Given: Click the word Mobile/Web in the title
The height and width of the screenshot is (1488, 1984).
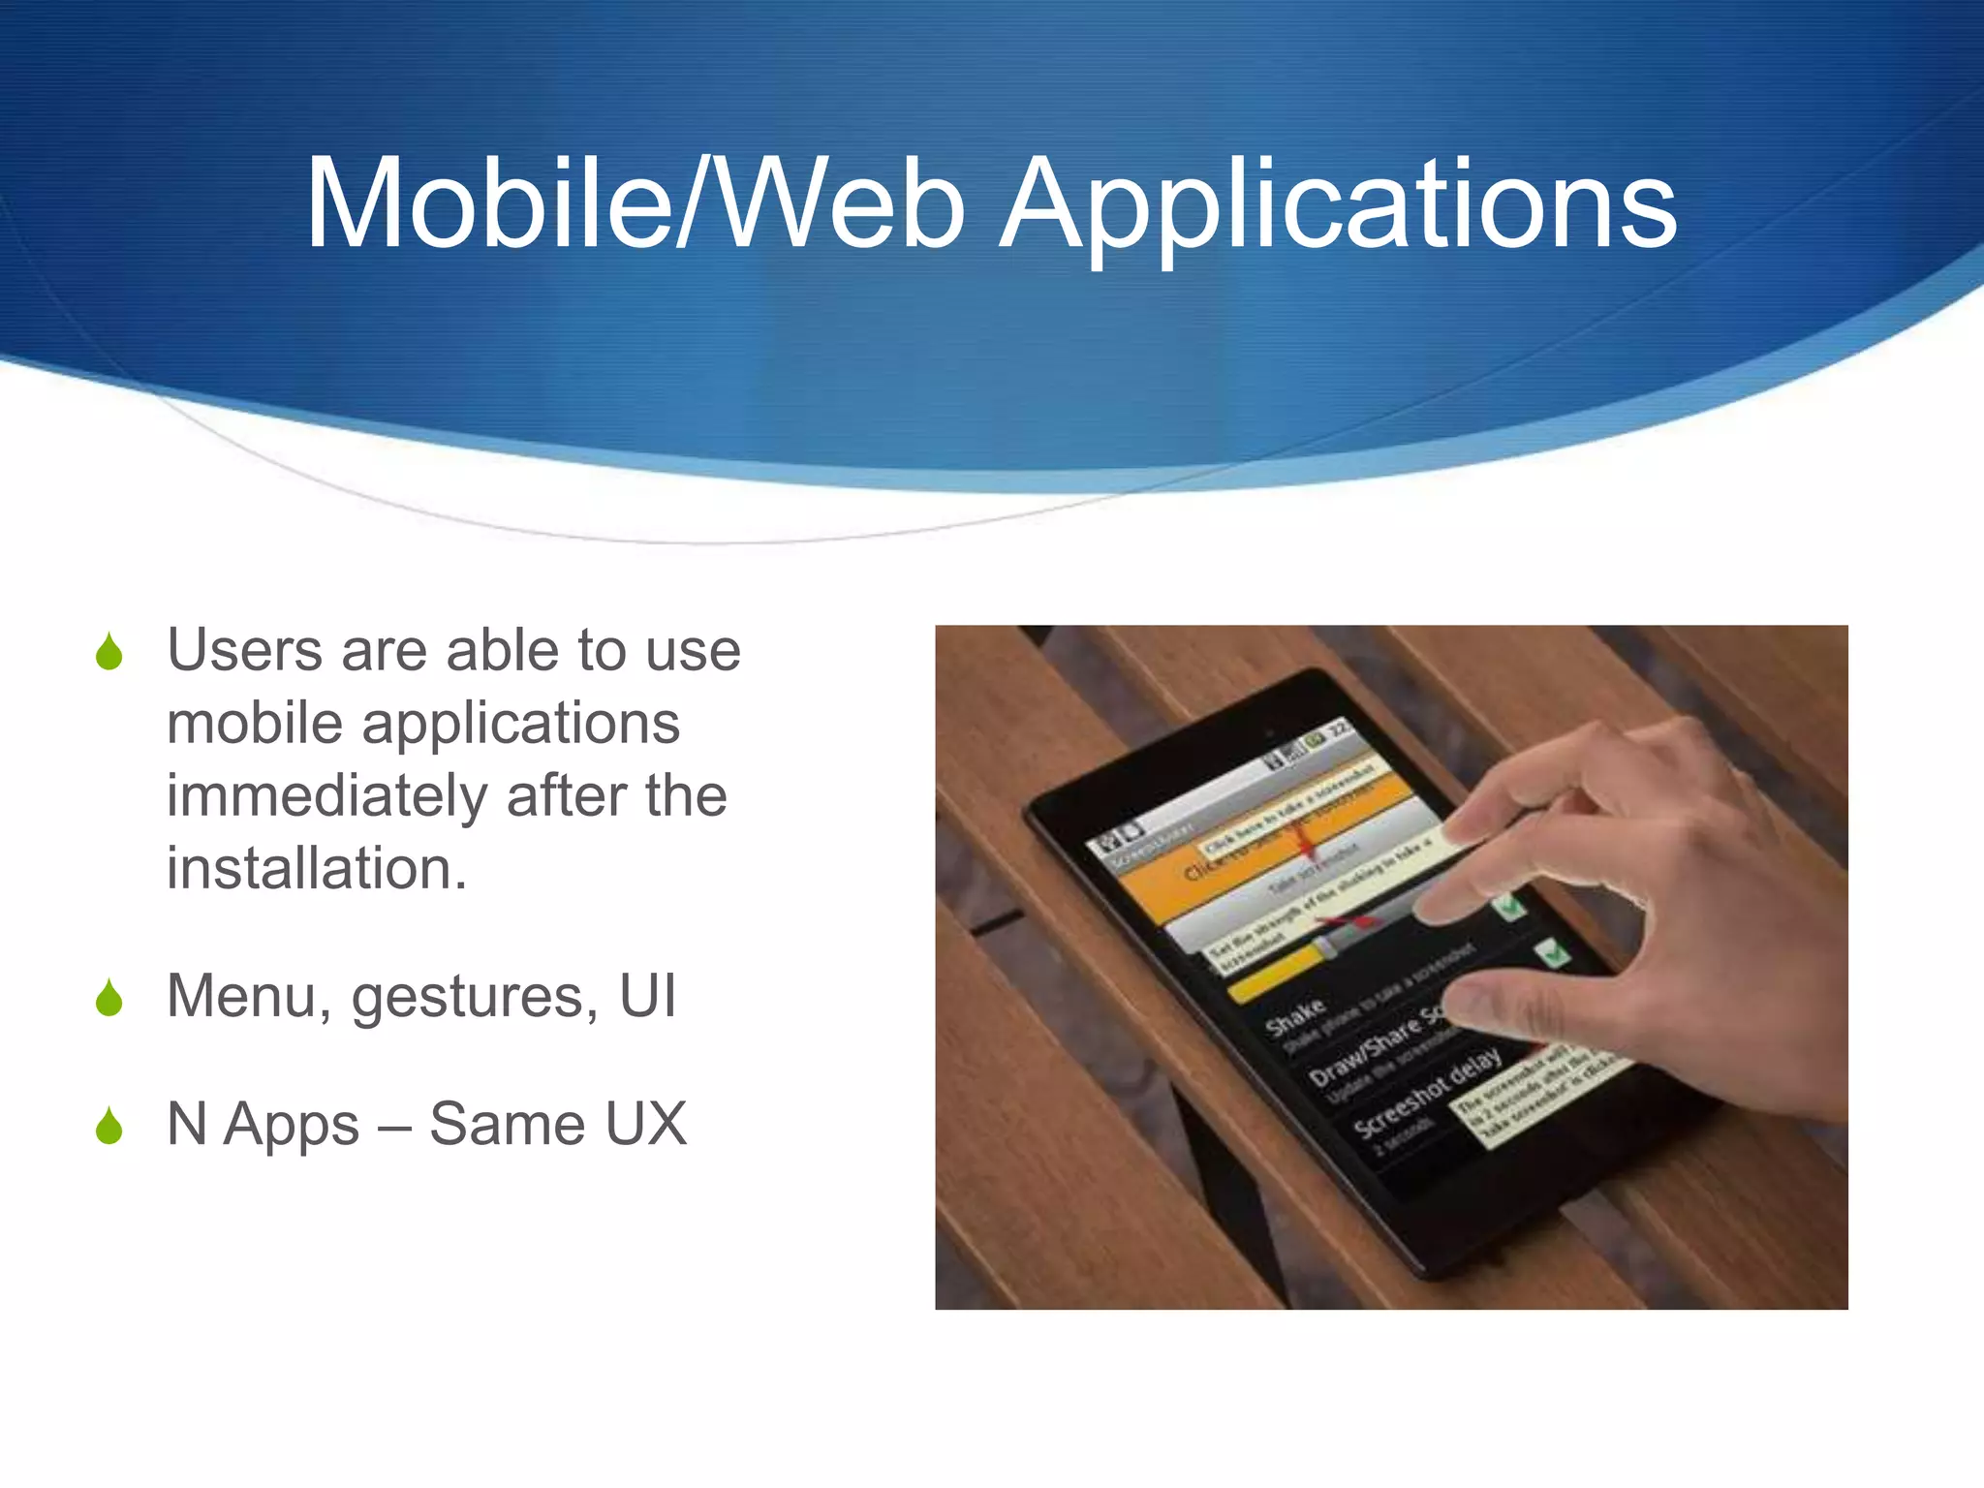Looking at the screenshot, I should [x=635, y=205].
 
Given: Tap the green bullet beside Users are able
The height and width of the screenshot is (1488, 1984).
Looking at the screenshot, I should [x=109, y=652].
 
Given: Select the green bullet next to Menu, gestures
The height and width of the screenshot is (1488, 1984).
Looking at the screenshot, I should [x=109, y=998].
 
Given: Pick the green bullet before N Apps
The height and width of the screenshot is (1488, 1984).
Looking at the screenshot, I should [x=109, y=1126].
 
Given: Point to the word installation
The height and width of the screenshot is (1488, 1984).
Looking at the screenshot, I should [x=316, y=868].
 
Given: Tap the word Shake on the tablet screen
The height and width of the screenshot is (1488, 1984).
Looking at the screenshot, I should [x=1294, y=1014].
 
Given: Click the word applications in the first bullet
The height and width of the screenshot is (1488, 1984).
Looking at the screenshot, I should [x=520, y=724].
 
